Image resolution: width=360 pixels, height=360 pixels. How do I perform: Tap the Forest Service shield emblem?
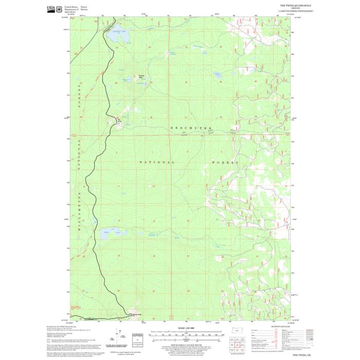(59, 8)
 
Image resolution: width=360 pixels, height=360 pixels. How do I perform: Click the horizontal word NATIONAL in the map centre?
(157, 162)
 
